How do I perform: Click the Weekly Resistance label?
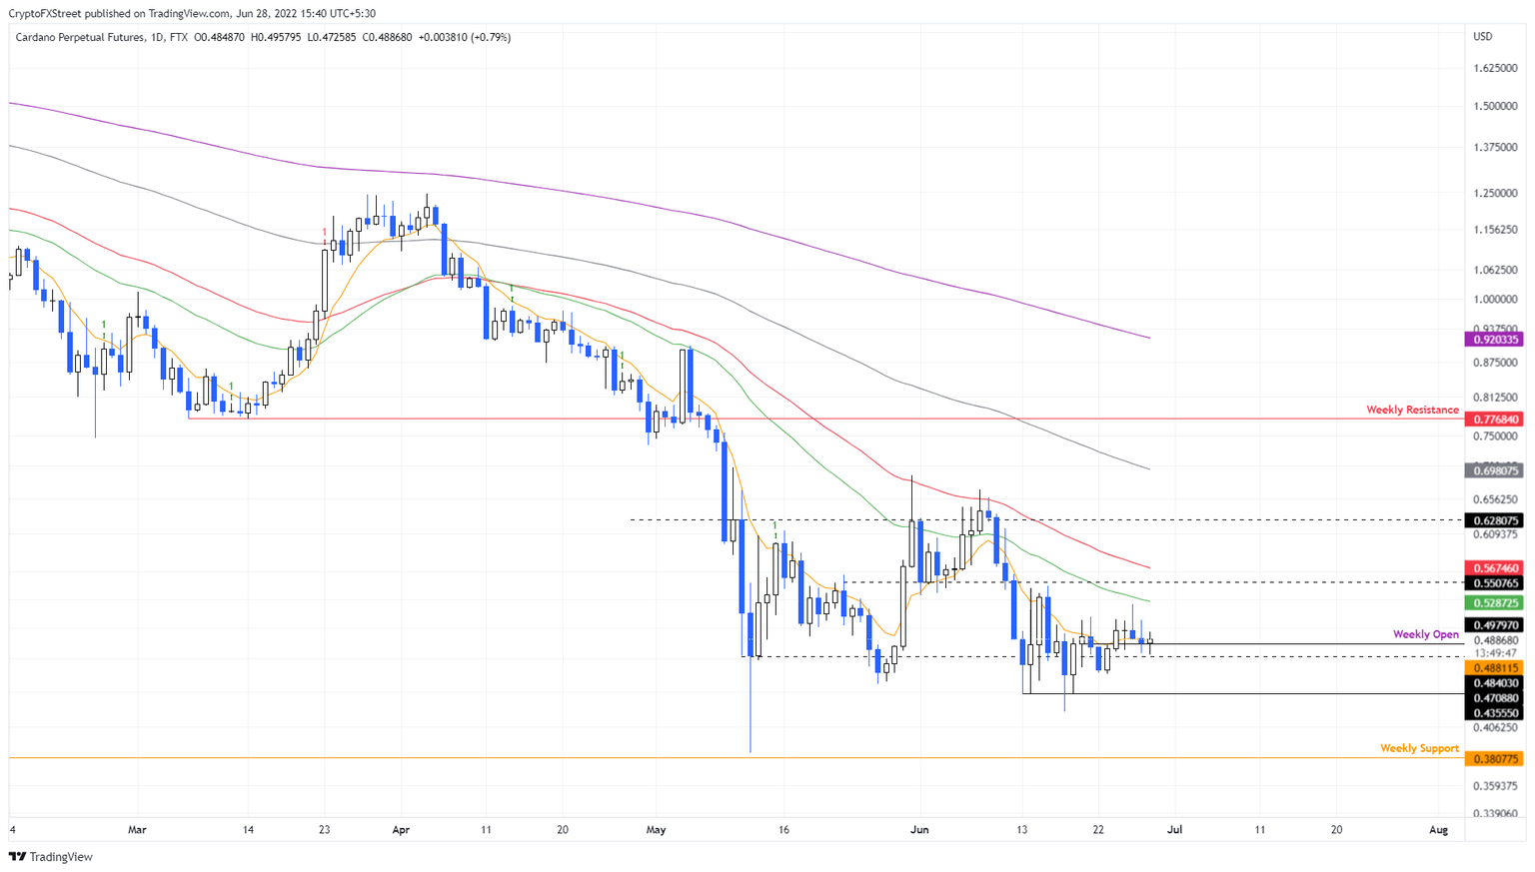[1412, 410]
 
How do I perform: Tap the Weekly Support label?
[1419, 748]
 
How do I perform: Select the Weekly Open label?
[1425, 634]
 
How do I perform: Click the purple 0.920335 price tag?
[1494, 340]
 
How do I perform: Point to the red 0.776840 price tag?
[1494, 420]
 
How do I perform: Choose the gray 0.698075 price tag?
[1494, 470]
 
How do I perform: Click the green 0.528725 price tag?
[1494, 603]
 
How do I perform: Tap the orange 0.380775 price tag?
[1494, 759]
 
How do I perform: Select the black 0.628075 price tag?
[1494, 520]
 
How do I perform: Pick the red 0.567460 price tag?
[1494, 568]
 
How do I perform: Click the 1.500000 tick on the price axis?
[1496, 106]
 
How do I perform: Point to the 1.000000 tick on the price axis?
[1496, 300]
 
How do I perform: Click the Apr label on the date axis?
[401, 829]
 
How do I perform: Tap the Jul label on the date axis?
[1174, 829]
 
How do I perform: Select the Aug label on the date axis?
[1438, 829]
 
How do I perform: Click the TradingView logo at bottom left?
[51, 857]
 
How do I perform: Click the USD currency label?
[1483, 37]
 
